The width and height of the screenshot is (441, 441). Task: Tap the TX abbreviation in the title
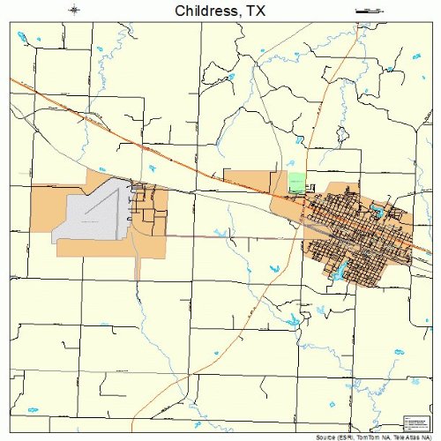coord(254,11)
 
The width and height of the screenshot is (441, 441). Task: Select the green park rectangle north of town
coord(296,183)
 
